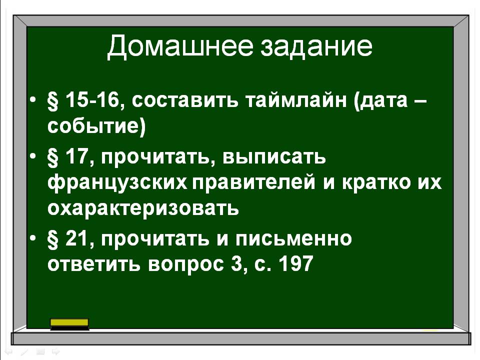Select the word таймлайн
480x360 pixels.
(296, 100)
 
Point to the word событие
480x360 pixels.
(94, 126)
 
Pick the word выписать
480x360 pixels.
(274, 157)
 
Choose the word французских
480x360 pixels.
(117, 183)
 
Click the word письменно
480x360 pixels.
(294, 238)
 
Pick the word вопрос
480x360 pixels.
(186, 264)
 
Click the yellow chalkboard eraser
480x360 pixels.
(69, 324)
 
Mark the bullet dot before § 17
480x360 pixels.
(33, 156)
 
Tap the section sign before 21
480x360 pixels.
(53, 239)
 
